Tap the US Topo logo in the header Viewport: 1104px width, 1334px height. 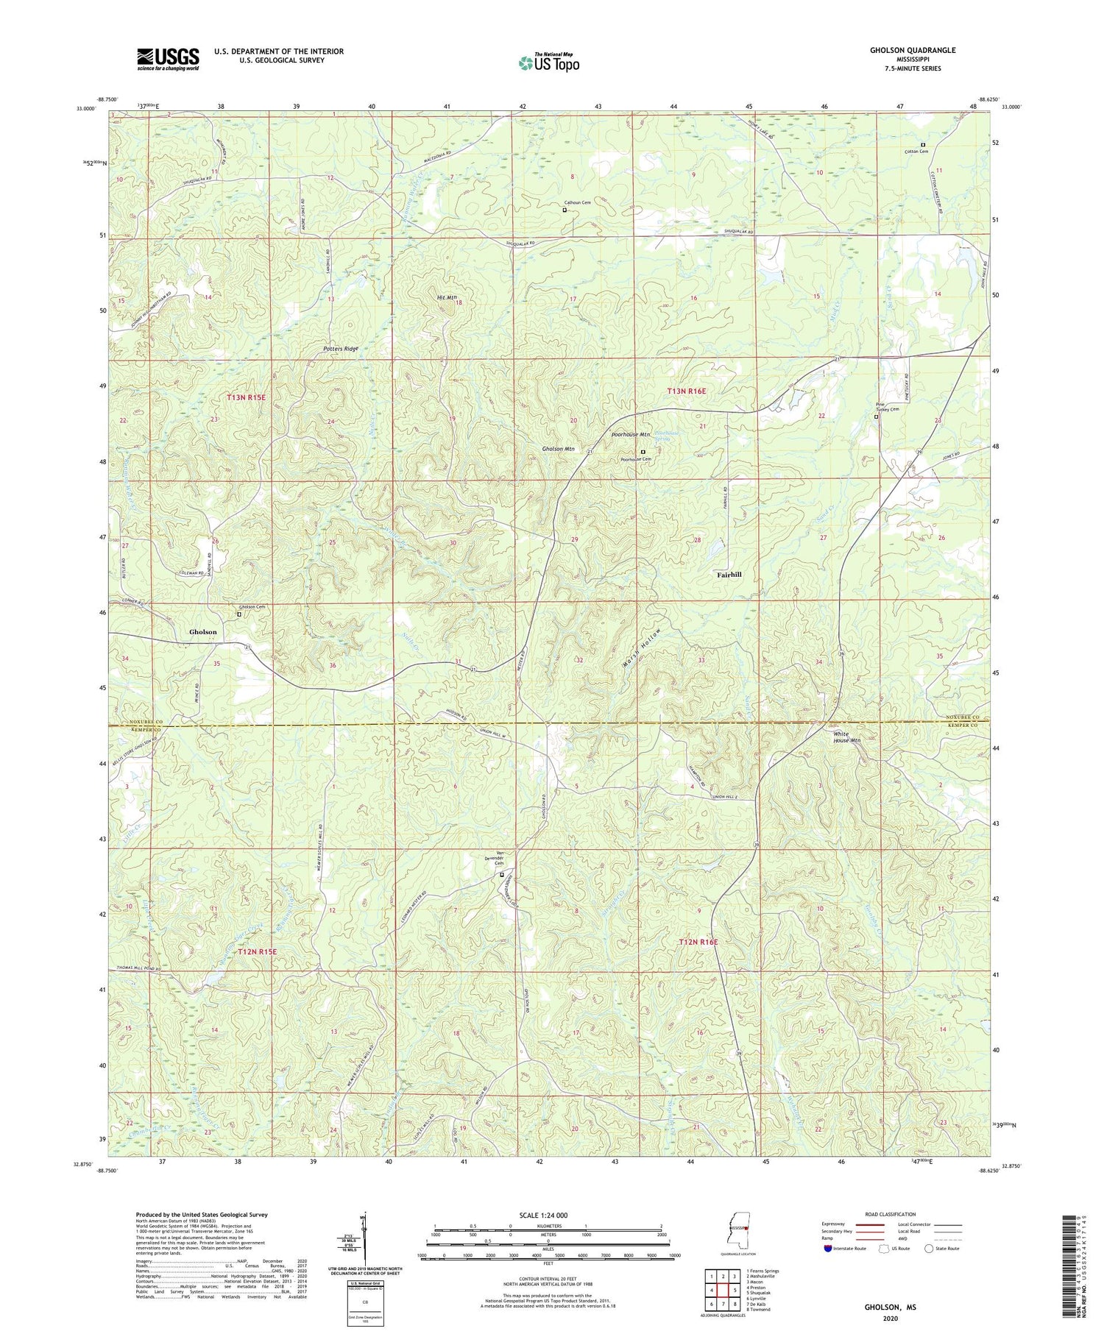point(548,63)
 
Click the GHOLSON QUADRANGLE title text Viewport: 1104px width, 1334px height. point(913,50)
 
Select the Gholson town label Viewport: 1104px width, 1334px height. point(203,632)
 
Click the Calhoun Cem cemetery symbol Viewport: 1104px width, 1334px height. point(565,210)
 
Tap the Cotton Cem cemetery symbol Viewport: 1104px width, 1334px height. point(923,144)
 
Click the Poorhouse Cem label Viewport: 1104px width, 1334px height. point(636,459)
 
